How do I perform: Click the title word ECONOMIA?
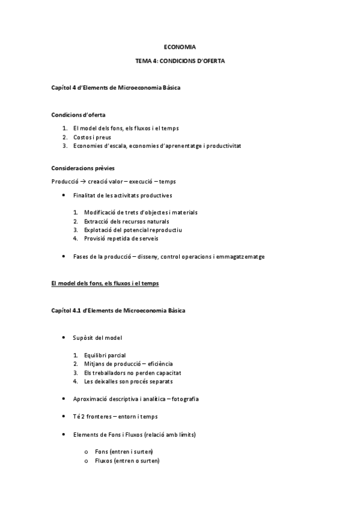pyautogui.click(x=180, y=46)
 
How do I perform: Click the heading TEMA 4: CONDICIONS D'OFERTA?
pyautogui.click(x=180, y=61)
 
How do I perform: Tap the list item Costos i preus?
pyautogui.click(x=92, y=137)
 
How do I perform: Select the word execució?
pyautogui.click(x=142, y=181)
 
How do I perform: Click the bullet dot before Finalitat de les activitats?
pyautogui.click(x=64, y=195)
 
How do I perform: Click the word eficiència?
pyautogui.click(x=157, y=364)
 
